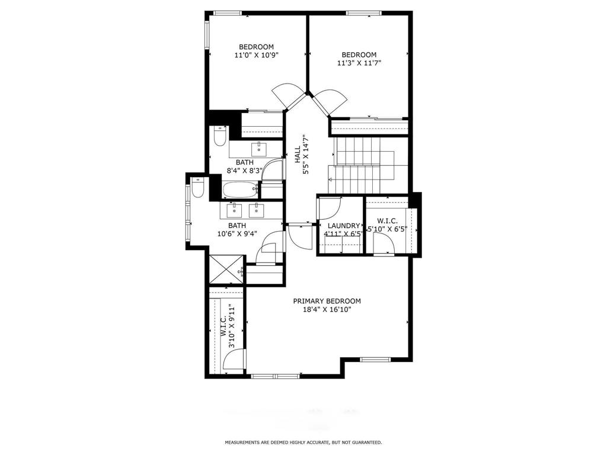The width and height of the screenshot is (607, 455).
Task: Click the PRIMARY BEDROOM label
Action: (327, 301)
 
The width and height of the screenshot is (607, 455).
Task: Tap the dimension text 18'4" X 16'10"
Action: (327, 310)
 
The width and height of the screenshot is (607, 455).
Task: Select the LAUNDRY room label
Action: (344, 226)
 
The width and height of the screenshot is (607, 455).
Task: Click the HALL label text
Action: (298, 155)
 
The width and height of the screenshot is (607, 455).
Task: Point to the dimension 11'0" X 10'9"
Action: (256, 55)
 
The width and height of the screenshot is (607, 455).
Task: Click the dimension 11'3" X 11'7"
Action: (359, 63)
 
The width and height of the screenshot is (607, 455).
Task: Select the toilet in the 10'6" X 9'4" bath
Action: (198, 187)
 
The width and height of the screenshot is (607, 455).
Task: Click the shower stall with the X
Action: (225, 270)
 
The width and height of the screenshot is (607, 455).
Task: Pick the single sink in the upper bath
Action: (259, 147)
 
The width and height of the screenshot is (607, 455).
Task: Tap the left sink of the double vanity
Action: (235, 209)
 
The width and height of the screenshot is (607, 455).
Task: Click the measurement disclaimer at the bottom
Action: (303, 442)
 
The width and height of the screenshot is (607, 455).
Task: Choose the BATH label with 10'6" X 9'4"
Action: (237, 226)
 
